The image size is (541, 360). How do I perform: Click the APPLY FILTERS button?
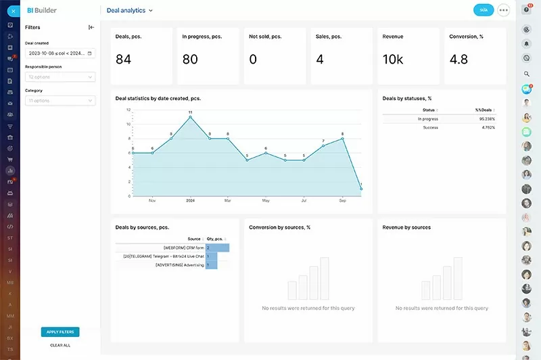(x=60, y=332)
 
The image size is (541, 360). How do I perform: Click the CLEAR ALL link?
(x=60, y=345)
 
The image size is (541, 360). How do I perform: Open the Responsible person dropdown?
(x=60, y=77)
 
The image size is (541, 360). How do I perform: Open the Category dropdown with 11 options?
(x=60, y=101)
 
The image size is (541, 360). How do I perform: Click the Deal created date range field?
(x=60, y=53)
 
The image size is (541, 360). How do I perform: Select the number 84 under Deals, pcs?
(x=123, y=60)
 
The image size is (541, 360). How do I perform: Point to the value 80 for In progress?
(x=190, y=60)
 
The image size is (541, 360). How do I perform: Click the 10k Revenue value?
(x=393, y=60)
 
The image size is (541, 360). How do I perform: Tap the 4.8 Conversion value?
(x=458, y=60)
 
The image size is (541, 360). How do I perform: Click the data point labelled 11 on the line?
(x=191, y=117)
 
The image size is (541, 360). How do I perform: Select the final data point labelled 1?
(x=361, y=189)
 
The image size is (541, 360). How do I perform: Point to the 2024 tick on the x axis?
(x=191, y=201)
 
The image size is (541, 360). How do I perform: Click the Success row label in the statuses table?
(x=431, y=127)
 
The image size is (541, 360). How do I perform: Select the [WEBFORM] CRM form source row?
(x=183, y=248)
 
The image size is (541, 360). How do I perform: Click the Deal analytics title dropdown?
(x=130, y=11)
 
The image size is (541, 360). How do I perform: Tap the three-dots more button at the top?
(x=503, y=10)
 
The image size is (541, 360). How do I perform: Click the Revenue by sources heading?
(x=406, y=227)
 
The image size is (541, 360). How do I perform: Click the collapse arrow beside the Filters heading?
(x=91, y=28)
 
